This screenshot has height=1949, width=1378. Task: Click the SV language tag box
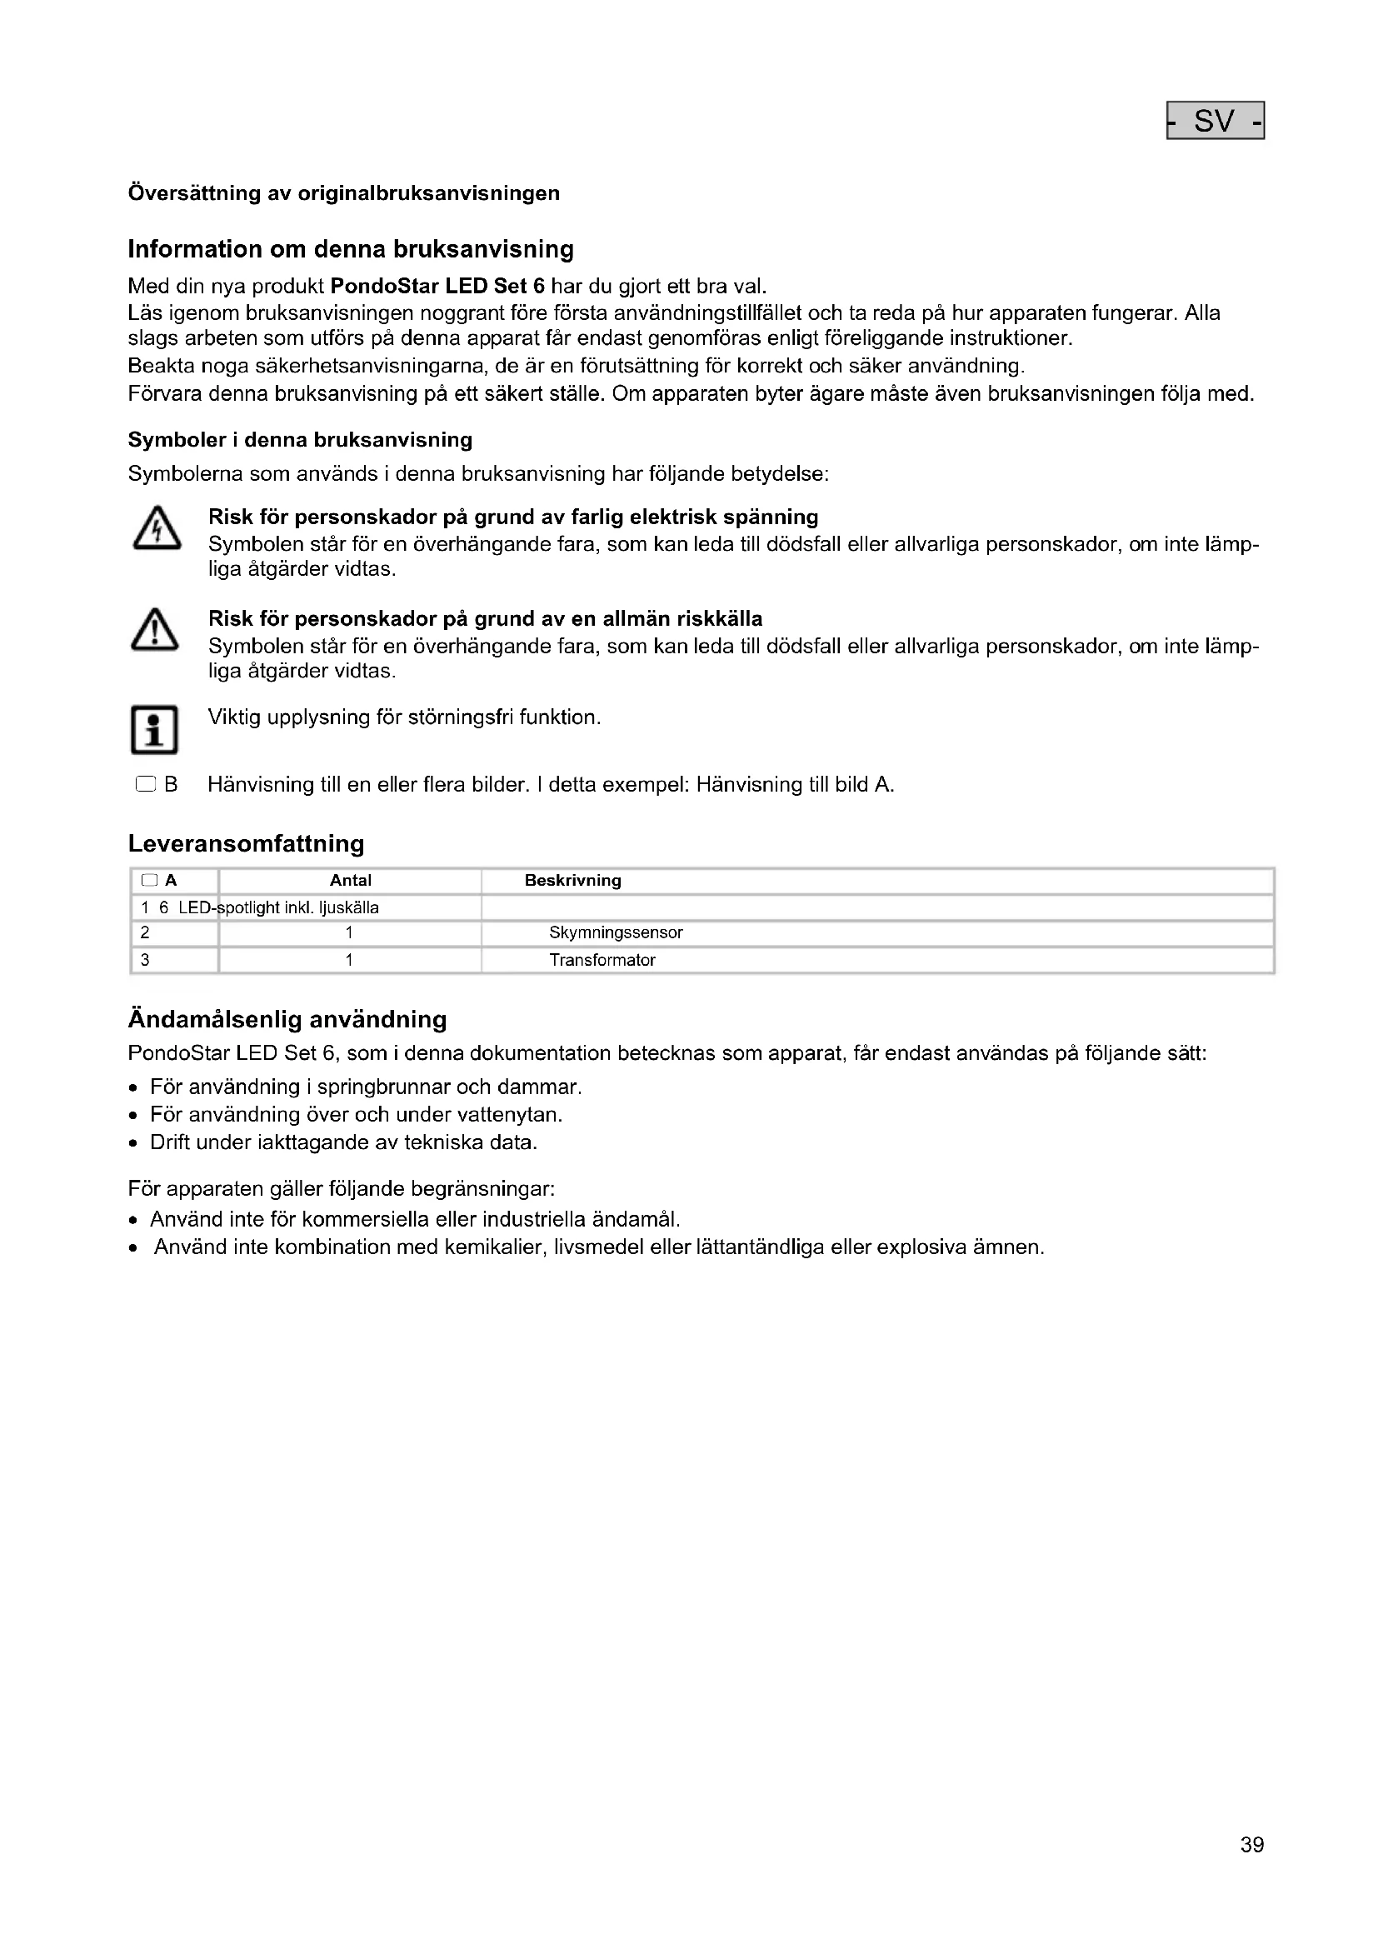[1215, 121]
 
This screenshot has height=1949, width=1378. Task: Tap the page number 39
[1251, 1868]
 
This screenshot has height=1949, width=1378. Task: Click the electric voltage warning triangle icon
[156, 530]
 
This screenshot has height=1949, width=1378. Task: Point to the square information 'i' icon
[154, 730]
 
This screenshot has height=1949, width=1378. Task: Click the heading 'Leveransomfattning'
[246, 844]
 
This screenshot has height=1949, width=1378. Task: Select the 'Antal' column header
[351, 881]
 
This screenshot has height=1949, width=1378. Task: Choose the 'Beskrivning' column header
[572, 881]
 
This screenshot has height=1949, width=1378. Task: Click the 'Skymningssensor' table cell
[615, 933]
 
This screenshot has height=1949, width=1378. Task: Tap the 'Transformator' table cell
[602, 960]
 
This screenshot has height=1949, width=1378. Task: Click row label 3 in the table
[145, 960]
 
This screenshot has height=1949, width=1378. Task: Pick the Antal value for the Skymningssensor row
[349, 933]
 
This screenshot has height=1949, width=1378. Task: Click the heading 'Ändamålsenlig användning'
[287, 1019]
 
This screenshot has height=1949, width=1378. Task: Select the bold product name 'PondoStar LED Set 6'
[437, 286]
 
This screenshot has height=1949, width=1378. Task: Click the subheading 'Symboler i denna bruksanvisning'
[300, 440]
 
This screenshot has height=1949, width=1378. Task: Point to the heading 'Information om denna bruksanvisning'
[351, 250]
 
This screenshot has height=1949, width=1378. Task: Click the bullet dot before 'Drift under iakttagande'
[133, 1143]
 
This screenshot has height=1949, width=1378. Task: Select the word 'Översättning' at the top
[194, 193]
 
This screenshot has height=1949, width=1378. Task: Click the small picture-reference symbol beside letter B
[146, 785]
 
